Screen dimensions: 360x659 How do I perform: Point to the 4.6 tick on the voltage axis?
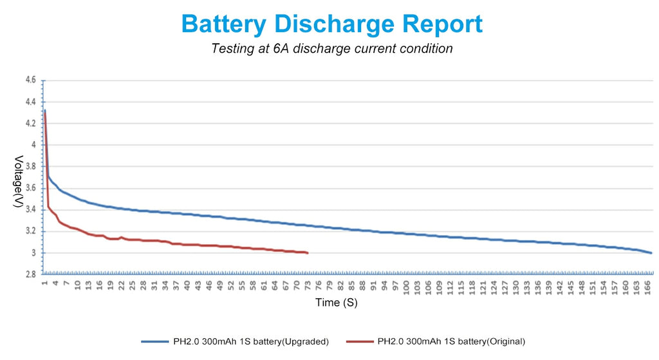[x=30, y=81]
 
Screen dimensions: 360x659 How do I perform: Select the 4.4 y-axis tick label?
[x=30, y=102]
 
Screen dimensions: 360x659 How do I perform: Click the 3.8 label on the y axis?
[x=30, y=166]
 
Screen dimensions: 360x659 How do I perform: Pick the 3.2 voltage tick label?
[x=30, y=231]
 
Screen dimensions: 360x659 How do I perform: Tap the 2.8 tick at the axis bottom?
[x=30, y=274]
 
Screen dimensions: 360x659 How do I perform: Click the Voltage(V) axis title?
[x=19, y=182]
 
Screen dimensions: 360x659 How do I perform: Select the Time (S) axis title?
[x=336, y=303]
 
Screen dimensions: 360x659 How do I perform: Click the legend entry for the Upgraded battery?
[x=251, y=341]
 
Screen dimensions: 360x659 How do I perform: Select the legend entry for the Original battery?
[x=451, y=341]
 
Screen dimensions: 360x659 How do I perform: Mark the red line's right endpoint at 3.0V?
[x=308, y=253]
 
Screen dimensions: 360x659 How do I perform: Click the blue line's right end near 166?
[x=651, y=252]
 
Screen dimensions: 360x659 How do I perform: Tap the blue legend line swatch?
[x=155, y=341]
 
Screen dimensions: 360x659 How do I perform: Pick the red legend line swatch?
[x=359, y=341]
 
